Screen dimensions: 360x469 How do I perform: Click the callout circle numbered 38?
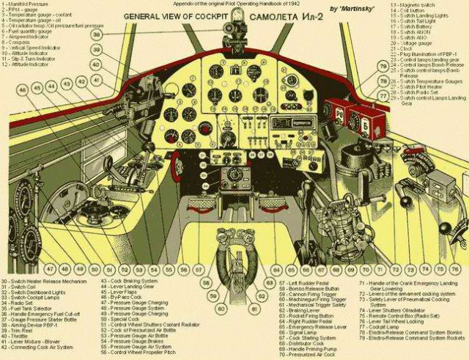[x=97, y=34]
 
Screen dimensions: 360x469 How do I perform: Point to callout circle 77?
[x=383, y=96]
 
